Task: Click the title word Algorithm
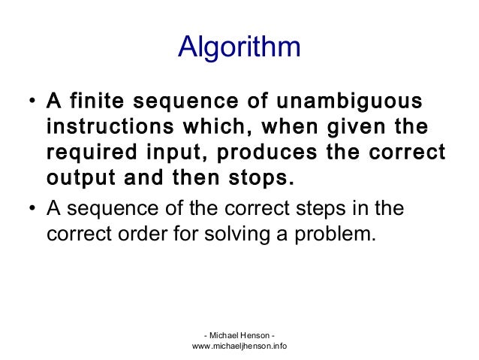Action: (239, 47)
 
